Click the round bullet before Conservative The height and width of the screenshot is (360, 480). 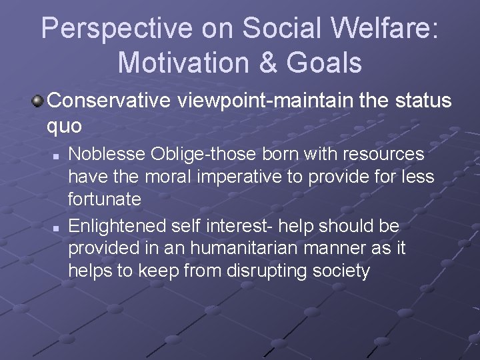39,101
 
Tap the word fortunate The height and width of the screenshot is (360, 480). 105,199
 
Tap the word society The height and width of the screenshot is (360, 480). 339,271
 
